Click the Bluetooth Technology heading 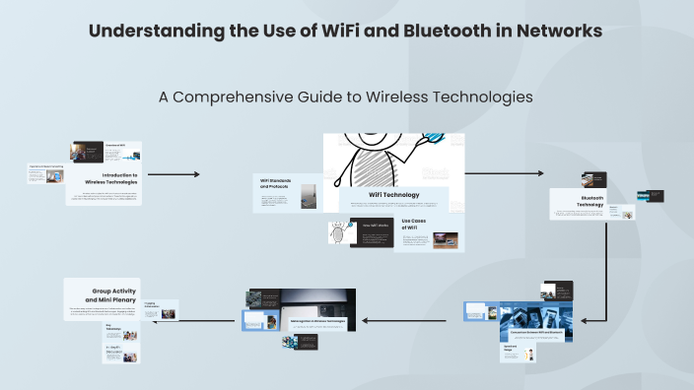pos(591,201)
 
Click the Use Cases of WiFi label pos(412,224)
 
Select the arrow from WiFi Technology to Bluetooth pos(503,173)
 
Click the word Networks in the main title pos(560,31)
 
